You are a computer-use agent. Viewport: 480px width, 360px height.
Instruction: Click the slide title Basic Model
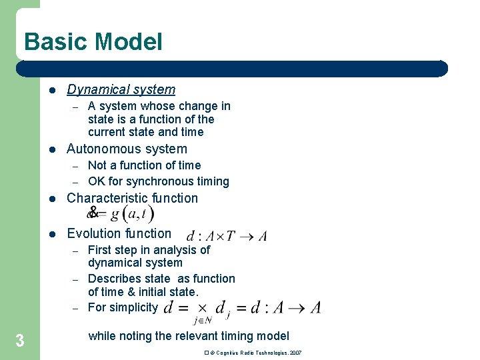(93, 42)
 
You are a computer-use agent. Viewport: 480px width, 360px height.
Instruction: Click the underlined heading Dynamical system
(121, 89)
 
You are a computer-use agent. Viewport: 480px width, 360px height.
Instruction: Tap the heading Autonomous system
(127, 149)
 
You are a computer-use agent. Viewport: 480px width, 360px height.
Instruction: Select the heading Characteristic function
(132, 198)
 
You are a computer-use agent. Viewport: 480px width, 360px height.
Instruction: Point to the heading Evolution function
(119, 233)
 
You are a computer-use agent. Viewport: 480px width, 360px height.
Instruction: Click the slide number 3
(20, 341)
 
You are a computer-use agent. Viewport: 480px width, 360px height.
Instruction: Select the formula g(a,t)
(132, 213)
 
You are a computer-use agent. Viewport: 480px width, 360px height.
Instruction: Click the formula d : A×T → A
(227, 236)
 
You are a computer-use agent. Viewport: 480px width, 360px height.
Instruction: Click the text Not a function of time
(144, 165)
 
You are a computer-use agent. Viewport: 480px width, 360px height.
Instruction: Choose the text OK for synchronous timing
(158, 181)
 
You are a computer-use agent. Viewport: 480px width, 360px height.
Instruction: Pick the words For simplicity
(123, 307)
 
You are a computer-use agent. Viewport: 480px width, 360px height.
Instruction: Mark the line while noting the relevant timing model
(189, 336)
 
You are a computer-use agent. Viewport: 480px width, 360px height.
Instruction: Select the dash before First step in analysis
(76, 251)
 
